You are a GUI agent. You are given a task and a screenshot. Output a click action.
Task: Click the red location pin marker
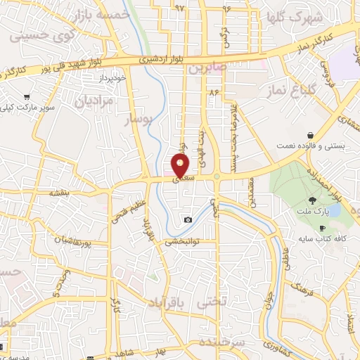[181, 167]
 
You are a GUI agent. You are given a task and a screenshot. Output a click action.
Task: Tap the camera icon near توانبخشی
[188, 220]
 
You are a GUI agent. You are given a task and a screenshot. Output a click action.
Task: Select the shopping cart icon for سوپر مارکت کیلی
[27, 97]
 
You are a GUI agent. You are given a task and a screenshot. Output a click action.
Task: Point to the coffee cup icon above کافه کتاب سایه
[323, 228]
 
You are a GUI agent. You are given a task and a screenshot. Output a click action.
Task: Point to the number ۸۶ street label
[214, 92]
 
